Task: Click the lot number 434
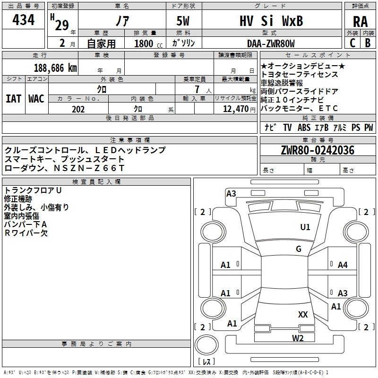click(x=23, y=20)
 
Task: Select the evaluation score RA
click(x=360, y=22)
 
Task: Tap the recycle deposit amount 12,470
click(x=234, y=109)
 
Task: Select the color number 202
click(x=78, y=109)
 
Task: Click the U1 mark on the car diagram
click(x=305, y=227)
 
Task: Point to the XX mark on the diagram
click(x=303, y=314)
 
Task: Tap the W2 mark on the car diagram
click(x=297, y=338)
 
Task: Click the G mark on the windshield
click(x=299, y=249)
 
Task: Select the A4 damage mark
click(x=343, y=265)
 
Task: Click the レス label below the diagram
click(x=206, y=361)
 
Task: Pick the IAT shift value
click(x=14, y=98)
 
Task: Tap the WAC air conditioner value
click(x=36, y=98)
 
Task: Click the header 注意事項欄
click(x=130, y=140)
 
